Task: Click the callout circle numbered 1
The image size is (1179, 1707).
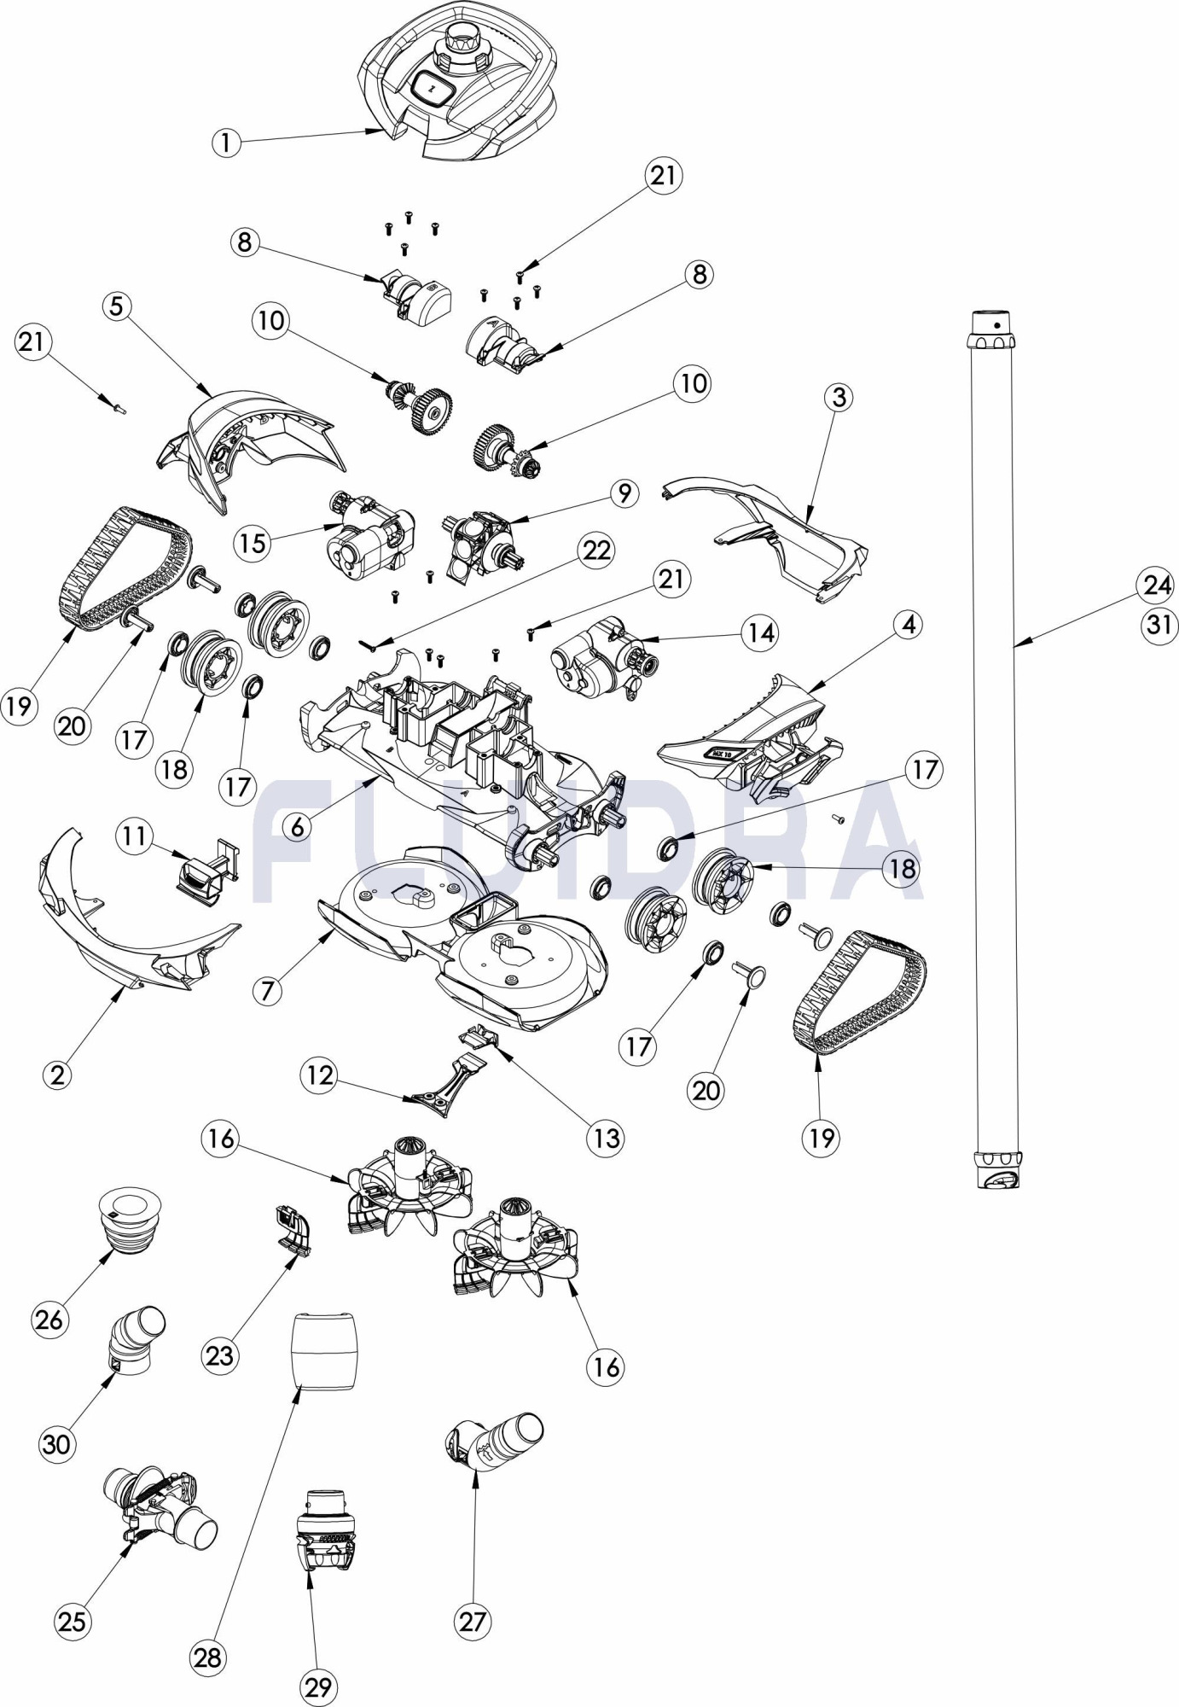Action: (x=226, y=143)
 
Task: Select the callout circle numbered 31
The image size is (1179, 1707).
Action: (x=1158, y=626)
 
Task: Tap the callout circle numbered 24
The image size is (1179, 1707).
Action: (x=1158, y=586)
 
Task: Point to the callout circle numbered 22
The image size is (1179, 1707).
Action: (x=596, y=551)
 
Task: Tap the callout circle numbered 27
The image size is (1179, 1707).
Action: (x=472, y=1621)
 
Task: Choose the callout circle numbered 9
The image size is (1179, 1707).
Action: (x=624, y=493)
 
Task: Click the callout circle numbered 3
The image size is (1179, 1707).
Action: (x=839, y=397)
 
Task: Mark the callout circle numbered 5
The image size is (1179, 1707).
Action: (x=118, y=306)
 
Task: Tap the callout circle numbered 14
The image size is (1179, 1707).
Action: (x=760, y=632)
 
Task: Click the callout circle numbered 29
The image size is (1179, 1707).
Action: (x=317, y=1688)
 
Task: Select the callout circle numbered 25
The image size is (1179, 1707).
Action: (x=73, y=1620)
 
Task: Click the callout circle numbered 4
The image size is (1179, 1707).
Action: (x=909, y=625)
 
